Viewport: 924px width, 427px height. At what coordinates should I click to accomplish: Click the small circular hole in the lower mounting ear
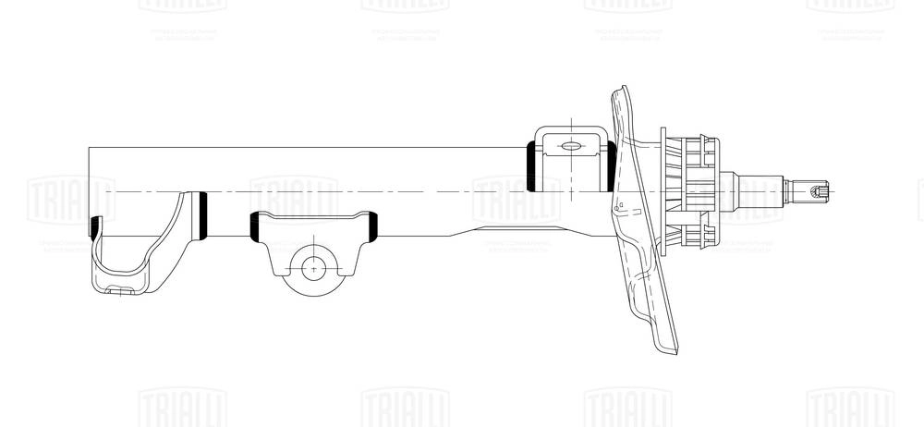tap(315, 268)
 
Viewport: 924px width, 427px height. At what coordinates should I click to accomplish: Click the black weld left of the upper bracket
tap(532, 166)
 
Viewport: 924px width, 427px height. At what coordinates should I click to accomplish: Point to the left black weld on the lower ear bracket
tap(255, 226)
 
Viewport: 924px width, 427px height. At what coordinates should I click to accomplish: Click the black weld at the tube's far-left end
tap(93, 226)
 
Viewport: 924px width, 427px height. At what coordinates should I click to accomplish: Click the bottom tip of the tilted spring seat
tap(669, 348)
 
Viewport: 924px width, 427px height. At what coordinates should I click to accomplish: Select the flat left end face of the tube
tap(90, 185)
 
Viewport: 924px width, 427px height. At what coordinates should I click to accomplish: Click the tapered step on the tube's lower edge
tap(466, 230)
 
